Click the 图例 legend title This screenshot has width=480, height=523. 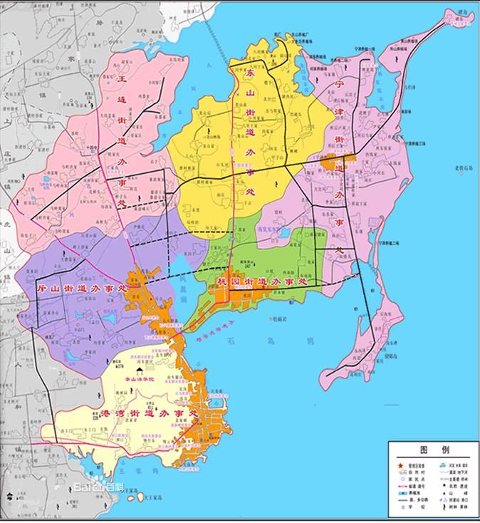[434, 450]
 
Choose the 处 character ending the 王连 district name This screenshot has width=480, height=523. [121, 204]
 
